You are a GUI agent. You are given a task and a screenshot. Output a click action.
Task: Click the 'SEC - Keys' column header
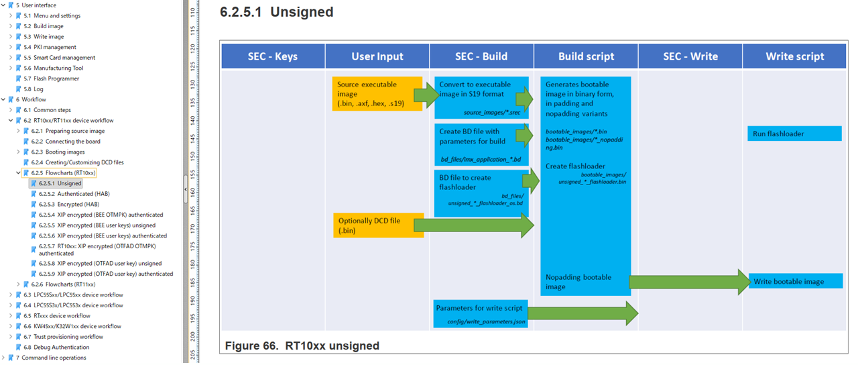pos(273,56)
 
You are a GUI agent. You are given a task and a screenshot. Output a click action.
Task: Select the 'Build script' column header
pos(586,56)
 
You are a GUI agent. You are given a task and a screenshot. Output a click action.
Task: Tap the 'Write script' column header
pos(794,56)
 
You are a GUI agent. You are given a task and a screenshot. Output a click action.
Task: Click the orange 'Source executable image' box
pos(372,94)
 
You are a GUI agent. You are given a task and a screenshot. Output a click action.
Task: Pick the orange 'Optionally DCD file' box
pos(373,225)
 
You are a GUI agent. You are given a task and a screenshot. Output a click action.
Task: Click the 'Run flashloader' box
pos(794,134)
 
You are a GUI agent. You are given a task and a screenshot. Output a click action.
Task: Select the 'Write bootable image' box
pos(794,282)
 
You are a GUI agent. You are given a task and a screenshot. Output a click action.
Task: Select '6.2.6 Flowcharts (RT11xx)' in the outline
pos(63,284)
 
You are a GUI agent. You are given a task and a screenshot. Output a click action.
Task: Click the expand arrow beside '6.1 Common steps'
pos(11,110)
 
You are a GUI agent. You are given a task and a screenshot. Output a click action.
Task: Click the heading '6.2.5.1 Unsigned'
pos(276,12)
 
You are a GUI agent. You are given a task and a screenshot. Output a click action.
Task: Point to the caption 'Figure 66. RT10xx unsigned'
pos(302,346)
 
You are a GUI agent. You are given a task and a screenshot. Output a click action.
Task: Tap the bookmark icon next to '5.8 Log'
pos(19,89)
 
